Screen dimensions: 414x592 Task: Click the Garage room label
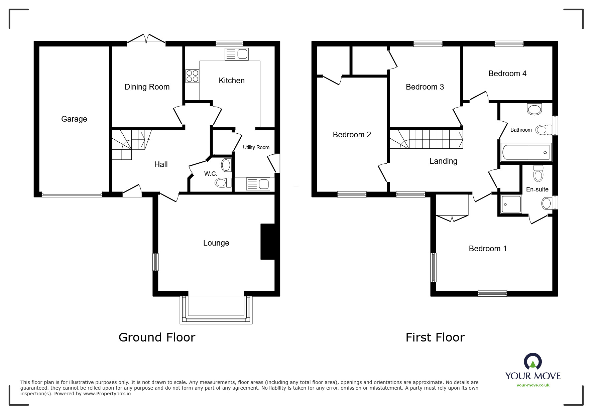(74, 119)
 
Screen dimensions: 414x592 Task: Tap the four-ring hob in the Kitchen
(192, 76)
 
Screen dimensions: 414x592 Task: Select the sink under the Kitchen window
(237, 54)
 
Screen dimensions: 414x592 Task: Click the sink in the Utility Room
(258, 184)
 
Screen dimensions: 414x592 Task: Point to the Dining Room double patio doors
(146, 39)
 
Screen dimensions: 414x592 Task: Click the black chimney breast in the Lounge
(267, 241)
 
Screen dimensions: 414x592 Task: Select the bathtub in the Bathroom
(526, 153)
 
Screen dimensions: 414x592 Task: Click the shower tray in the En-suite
(510, 204)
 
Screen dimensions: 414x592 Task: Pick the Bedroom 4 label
(507, 74)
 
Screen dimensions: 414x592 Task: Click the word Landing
(443, 161)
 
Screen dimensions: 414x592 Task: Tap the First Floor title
(435, 337)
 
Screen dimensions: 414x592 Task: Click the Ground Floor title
(157, 337)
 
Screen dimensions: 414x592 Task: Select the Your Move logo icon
(532, 362)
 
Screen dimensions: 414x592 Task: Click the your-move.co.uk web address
(533, 385)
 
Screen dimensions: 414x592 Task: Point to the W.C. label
(211, 174)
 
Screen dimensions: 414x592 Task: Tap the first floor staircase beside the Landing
(427, 139)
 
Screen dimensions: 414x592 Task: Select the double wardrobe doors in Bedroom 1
(452, 218)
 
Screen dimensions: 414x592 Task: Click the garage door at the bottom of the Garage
(72, 195)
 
